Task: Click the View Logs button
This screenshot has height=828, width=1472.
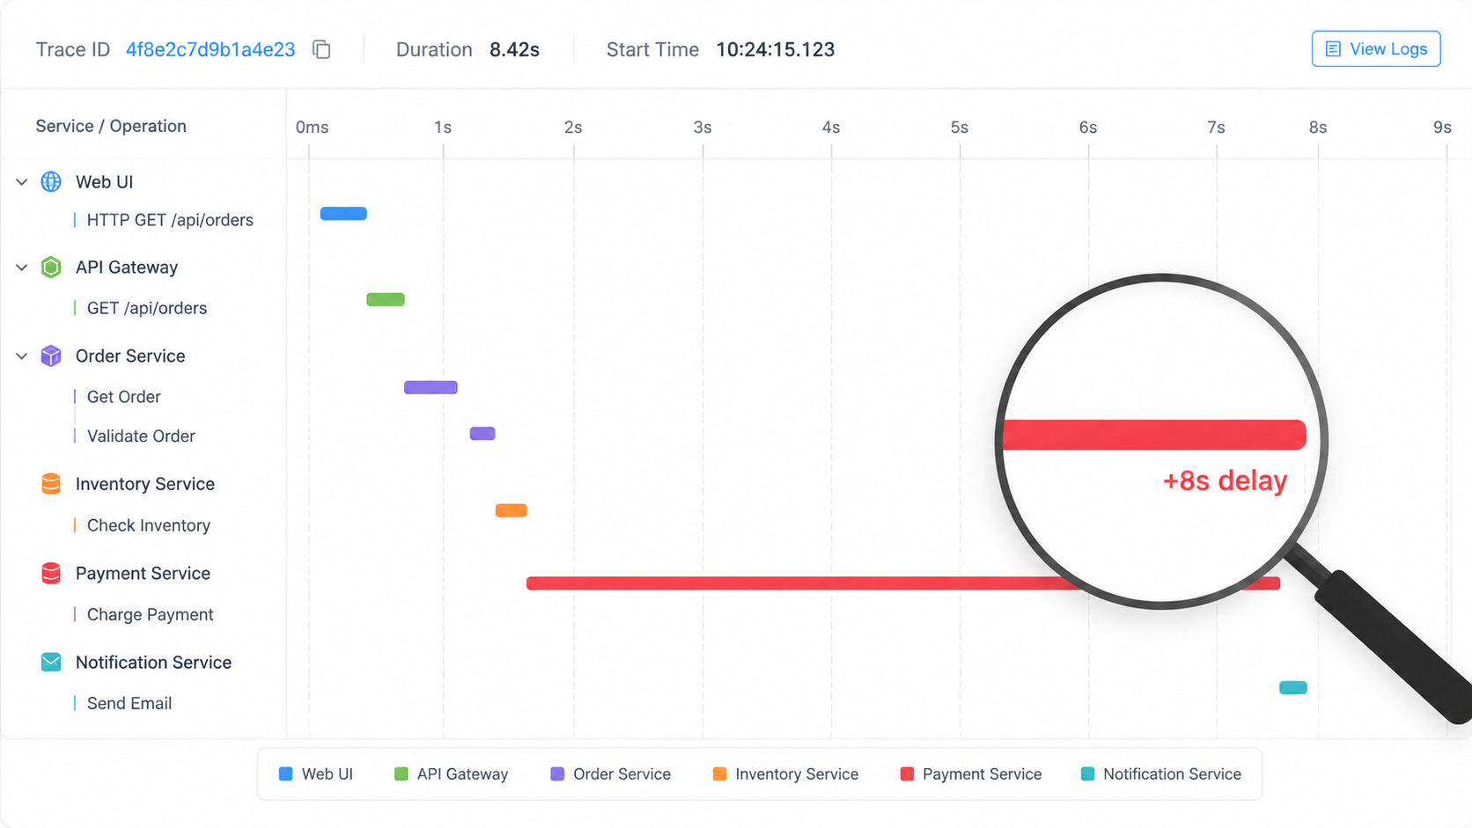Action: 1376,48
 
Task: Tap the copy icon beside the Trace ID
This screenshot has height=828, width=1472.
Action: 321,49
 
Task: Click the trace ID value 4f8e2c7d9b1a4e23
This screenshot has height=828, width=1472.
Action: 210,49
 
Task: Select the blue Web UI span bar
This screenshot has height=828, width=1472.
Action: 343,214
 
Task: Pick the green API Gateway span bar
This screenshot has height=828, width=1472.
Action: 385,299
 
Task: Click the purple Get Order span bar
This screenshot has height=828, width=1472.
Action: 431,387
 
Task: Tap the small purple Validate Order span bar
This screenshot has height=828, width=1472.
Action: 482,434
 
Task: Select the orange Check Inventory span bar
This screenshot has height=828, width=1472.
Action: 512,510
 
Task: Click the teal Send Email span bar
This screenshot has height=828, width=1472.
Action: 1293,687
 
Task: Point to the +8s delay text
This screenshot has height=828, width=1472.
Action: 1225,480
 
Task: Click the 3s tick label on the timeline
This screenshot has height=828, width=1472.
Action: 703,128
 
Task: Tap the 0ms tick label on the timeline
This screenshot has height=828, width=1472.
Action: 312,128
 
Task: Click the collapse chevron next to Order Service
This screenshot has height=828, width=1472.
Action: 22,355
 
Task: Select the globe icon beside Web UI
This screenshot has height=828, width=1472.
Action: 50,181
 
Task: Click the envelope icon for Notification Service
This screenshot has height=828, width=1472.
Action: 50,662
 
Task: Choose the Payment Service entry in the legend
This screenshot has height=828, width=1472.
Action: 970,774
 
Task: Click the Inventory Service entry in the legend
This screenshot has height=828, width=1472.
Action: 785,774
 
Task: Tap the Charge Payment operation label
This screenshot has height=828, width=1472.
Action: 150,614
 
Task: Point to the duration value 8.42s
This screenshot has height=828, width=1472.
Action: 514,49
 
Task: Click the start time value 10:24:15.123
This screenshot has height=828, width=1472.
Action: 776,49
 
